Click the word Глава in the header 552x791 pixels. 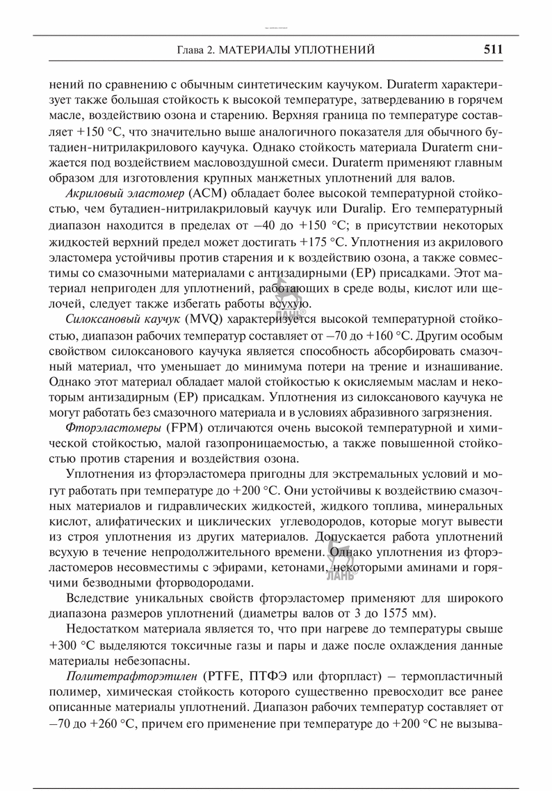click(x=190, y=50)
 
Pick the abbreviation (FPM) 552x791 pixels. click(x=184, y=428)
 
